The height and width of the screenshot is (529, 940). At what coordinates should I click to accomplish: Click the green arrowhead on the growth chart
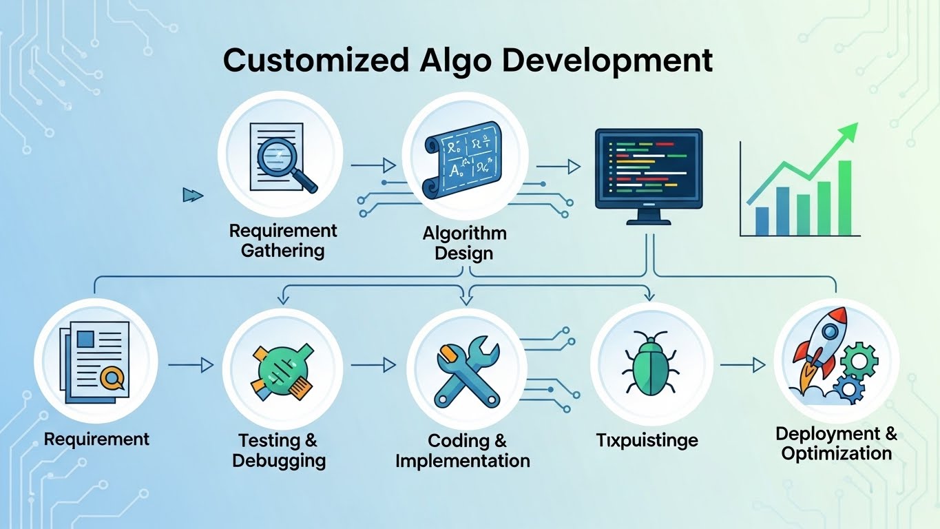tap(849, 131)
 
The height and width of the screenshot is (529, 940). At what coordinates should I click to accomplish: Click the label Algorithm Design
tap(465, 243)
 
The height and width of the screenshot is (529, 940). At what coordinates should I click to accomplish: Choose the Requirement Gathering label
tap(283, 240)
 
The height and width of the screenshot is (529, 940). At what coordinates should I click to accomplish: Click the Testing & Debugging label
tap(279, 450)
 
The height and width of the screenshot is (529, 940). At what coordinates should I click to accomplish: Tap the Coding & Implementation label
tap(463, 450)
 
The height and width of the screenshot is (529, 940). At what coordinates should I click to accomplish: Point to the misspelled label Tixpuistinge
tap(647, 440)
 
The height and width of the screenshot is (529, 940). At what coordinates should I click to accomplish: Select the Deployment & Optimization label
tap(836, 444)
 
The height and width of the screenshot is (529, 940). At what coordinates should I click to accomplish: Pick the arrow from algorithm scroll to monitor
tap(558, 166)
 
